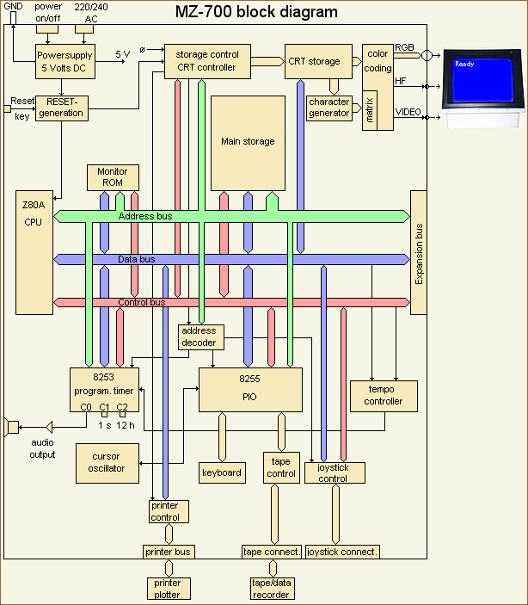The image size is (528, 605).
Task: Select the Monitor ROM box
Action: pos(112,177)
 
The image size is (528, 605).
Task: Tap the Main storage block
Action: pos(248,142)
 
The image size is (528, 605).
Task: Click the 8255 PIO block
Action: pos(250,390)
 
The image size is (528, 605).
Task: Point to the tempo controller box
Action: pos(383,396)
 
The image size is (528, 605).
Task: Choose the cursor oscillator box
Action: pos(107,462)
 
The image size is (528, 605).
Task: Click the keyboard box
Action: pos(222,472)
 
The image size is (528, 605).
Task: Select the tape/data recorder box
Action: pos(272,589)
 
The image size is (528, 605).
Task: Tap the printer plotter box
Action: pos(168,589)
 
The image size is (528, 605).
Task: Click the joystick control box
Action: pos(335,472)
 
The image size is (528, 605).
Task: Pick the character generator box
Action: pos(329,108)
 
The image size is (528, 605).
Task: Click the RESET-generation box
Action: pos(62,108)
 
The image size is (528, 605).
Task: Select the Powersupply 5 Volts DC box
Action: pos(64,61)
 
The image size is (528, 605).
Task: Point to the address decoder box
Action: pos(200,336)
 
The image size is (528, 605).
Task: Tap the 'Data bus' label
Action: pos(137,259)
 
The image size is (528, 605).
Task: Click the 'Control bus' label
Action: pos(141,302)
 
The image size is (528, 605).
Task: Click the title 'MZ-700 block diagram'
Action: pos(256,12)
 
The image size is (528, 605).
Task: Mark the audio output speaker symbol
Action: pos(12,426)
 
